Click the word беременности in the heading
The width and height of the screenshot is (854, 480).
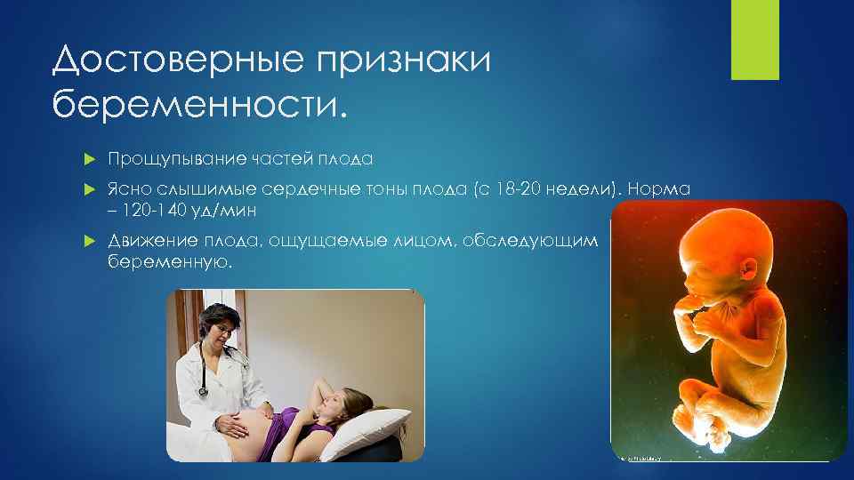(x=196, y=105)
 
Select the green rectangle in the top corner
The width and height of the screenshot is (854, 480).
(x=754, y=39)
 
